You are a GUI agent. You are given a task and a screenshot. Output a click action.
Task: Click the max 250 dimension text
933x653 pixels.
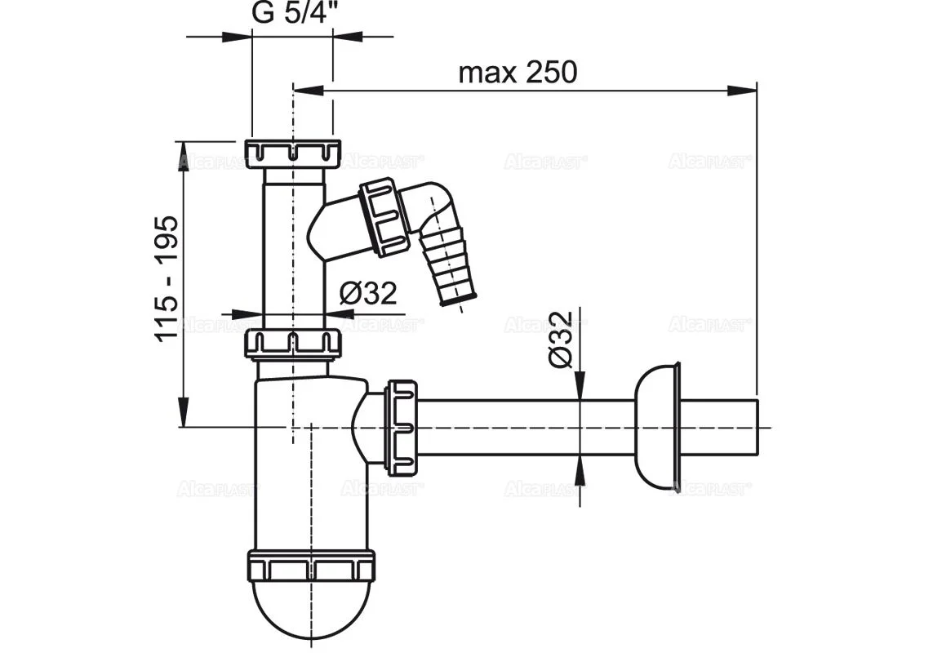pyautogui.click(x=518, y=73)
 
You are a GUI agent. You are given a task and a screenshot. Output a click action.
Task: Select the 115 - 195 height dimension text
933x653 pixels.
pyautogui.click(x=167, y=278)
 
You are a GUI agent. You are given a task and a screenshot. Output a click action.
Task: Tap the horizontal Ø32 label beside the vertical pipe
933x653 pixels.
pyautogui.click(x=368, y=293)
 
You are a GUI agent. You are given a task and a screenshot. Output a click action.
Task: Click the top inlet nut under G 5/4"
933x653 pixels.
pyautogui.click(x=294, y=152)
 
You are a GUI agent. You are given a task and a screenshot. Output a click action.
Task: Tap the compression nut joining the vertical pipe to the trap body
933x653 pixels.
pyautogui.click(x=294, y=344)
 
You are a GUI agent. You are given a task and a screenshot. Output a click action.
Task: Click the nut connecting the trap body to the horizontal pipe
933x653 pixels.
pyautogui.click(x=402, y=425)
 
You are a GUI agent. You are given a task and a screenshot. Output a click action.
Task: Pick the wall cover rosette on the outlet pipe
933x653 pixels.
pyautogui.click(x=657, y=425)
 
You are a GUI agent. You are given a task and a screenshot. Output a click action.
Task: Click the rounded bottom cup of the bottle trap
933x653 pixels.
pyautogui.click(x=310, y=608)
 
